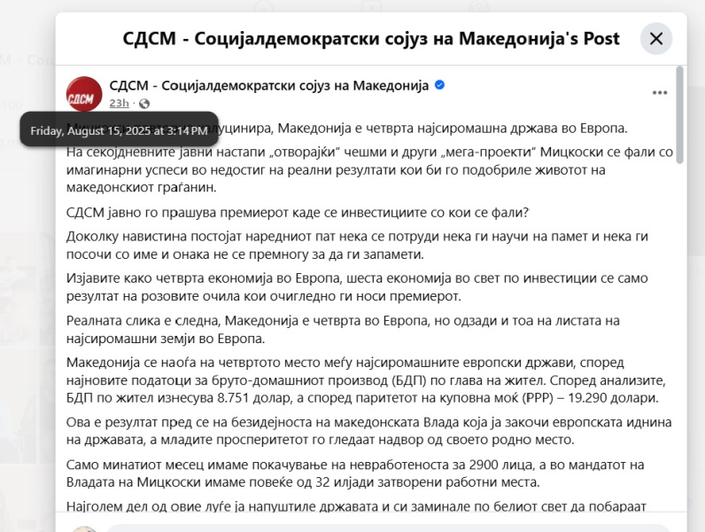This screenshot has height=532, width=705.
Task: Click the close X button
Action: [x=656, y=39]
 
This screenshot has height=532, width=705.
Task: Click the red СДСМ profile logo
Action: [x=84, y=94]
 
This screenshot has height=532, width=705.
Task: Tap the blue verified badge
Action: [x=440, y=85]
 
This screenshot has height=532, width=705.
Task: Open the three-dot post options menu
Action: [x=660, y=92]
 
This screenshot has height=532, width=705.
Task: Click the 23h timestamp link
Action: [x=120, y=104]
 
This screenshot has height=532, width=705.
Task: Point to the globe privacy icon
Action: [x=144, y=104]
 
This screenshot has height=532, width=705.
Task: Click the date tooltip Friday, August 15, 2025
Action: [x=119, y=131]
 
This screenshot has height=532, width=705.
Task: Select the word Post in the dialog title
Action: [x=598, y=39]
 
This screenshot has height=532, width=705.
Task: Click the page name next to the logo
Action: [x=269, y=85]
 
